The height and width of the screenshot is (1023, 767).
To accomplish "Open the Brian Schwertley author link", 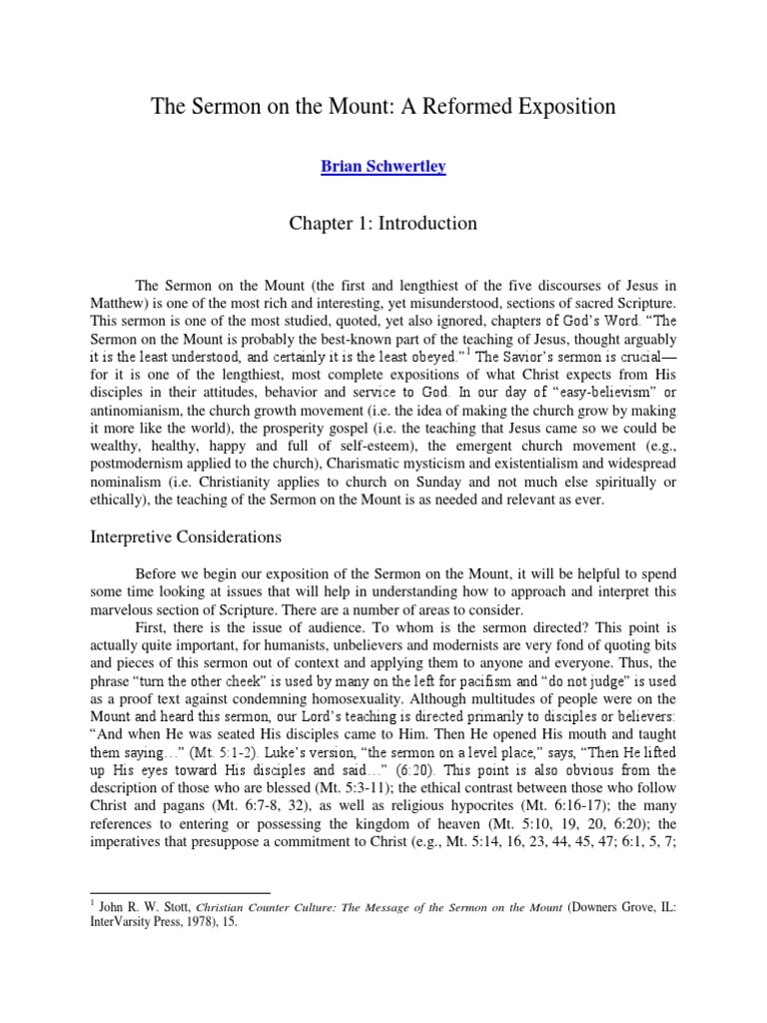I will (383, 167).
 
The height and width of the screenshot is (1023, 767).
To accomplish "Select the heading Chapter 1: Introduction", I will (383, 224).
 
